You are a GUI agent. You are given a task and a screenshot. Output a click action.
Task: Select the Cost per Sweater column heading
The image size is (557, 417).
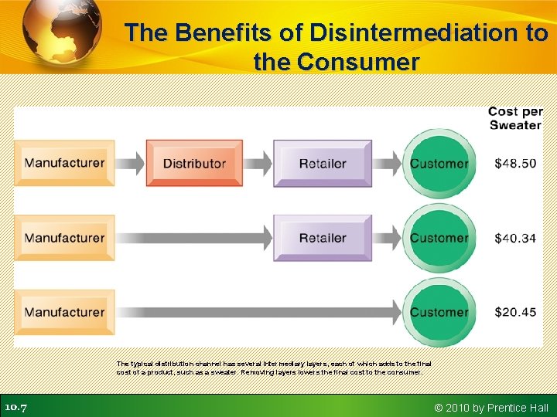pyautogui.click(x=515, y=118)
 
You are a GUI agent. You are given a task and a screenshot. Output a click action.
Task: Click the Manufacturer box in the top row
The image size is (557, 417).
pyautogui.click(x=64, y=163)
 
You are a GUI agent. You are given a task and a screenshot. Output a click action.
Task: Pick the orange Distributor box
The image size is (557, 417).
pyautogui.click(x=194, y=163)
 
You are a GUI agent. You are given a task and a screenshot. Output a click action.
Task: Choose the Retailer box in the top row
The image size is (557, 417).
pyautogui.click(x=323, y=163)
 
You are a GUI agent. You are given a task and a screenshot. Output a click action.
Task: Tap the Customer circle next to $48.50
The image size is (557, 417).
pyautogui.click(x=439, y=163)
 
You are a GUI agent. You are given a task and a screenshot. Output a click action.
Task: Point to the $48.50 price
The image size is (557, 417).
pyautogui.click(x=515, y=164)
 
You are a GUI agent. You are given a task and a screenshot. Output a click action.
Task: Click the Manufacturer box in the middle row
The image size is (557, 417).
pyautogui.click(x=64, y=238)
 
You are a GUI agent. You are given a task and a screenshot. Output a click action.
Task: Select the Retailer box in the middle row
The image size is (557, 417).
pyautogui.click(x=323, y=238)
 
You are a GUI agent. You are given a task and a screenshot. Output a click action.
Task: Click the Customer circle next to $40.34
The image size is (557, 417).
pyautogui.click(x=439, y=238)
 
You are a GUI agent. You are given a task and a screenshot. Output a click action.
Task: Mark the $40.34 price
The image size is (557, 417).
pyautogui.click(x=515, y=239)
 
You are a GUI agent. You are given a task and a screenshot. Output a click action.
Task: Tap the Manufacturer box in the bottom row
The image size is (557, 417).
pyautogui.click(x=64, y=312)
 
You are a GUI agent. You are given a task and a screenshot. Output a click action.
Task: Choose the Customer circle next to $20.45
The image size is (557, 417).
pyautogui.click(x=439, y=312)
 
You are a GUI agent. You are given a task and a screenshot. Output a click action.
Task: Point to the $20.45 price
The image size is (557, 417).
pyautogui.click(x=515, y=313)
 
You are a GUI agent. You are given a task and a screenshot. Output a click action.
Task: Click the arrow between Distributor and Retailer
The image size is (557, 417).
pyautogui.click(x=258, y=163)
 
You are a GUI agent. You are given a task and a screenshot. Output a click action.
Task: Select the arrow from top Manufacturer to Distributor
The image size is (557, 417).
pyautogui.click(x=130, y=163)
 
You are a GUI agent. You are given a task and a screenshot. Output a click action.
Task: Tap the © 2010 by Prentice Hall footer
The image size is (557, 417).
pyautogui.click(x=491, y=408)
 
